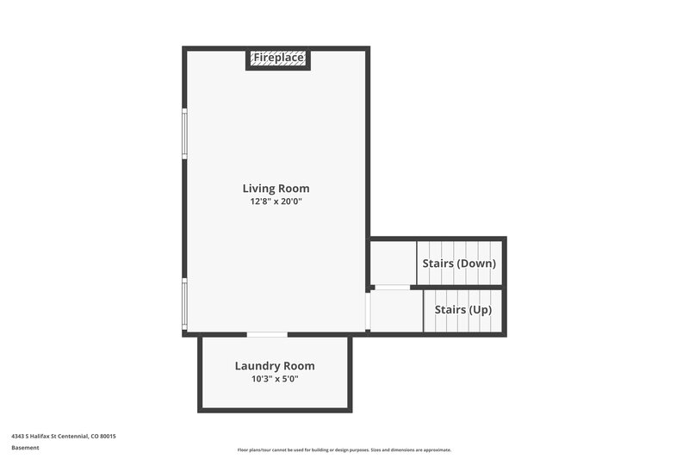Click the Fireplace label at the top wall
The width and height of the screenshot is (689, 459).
pos(277,58)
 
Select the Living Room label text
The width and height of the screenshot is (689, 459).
pos(276,189)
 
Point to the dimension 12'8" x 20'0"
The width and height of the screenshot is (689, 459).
pos(276,202)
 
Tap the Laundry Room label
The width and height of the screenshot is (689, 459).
pos(275,366)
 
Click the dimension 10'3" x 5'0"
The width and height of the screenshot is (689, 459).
pos(275,379)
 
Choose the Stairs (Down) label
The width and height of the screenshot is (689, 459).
pos(458,264)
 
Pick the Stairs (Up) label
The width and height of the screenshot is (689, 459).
pos(462,310)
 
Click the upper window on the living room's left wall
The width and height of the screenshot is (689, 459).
pos(184,133)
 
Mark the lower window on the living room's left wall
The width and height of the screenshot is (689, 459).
pos(184,304)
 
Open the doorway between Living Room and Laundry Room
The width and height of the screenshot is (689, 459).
pos(267,334)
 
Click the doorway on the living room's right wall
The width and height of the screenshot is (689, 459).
pos(368,312)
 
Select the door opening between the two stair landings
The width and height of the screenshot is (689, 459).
pos(393,287)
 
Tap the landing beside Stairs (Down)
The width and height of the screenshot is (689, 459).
pos(394,263)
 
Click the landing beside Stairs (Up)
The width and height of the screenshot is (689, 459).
pos(397,311)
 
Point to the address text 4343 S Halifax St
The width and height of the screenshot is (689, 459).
pos(39,437)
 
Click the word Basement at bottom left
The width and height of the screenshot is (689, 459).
pos(25,448)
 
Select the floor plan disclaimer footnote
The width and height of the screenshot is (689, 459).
pos(344,450)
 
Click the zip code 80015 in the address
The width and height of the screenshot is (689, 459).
pos(108,437)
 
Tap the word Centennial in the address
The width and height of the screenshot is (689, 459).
pos(72,437)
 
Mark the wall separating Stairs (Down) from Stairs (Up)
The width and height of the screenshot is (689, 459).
pos(461,287)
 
